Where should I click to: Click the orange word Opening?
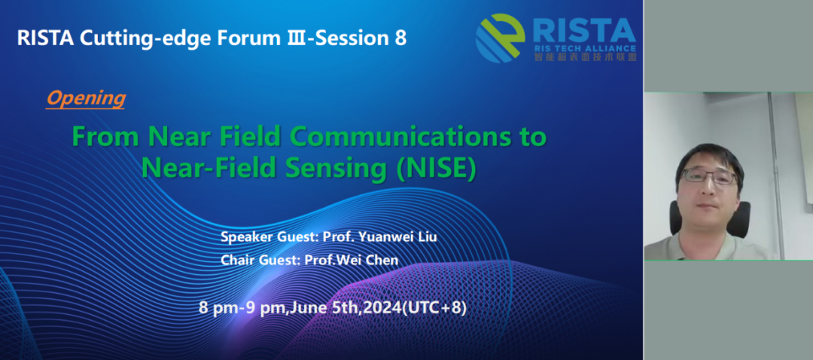pyautogui.click(x=86, y=99)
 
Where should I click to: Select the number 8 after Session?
pyautogui.click(x=400, y=38)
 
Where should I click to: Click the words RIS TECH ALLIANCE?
pyautogui.click(x=585, y=49)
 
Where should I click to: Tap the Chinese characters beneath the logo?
pyautogui.click(x=585, y=57)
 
